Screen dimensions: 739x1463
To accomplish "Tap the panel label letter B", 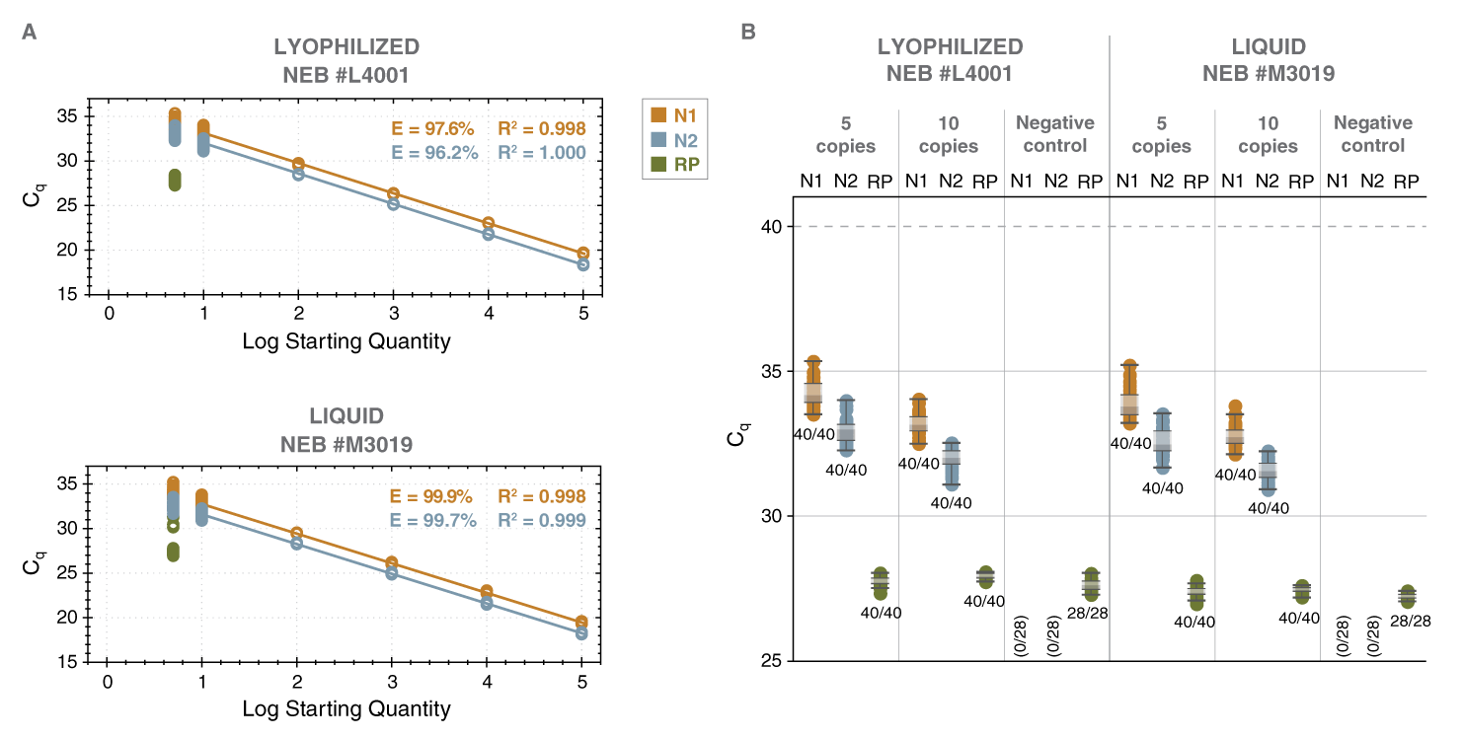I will click(x=748, y=33).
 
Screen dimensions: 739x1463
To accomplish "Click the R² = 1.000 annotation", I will click(x=542, y=153).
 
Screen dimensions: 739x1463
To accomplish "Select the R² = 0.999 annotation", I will click(x=542, y=520).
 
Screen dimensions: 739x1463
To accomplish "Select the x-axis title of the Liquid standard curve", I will click(x=346, y=708).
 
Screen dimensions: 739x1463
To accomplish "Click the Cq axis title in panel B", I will click(x=736, y=430).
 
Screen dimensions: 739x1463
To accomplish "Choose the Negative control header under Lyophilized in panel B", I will click(x=1055, y=134).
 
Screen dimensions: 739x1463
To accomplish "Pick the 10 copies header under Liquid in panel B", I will click(x=1268, y=134).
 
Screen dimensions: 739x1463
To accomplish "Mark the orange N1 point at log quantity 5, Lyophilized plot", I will click(x=582, y=254).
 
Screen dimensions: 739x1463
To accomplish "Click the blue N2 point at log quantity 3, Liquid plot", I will click(x=392, y=573).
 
